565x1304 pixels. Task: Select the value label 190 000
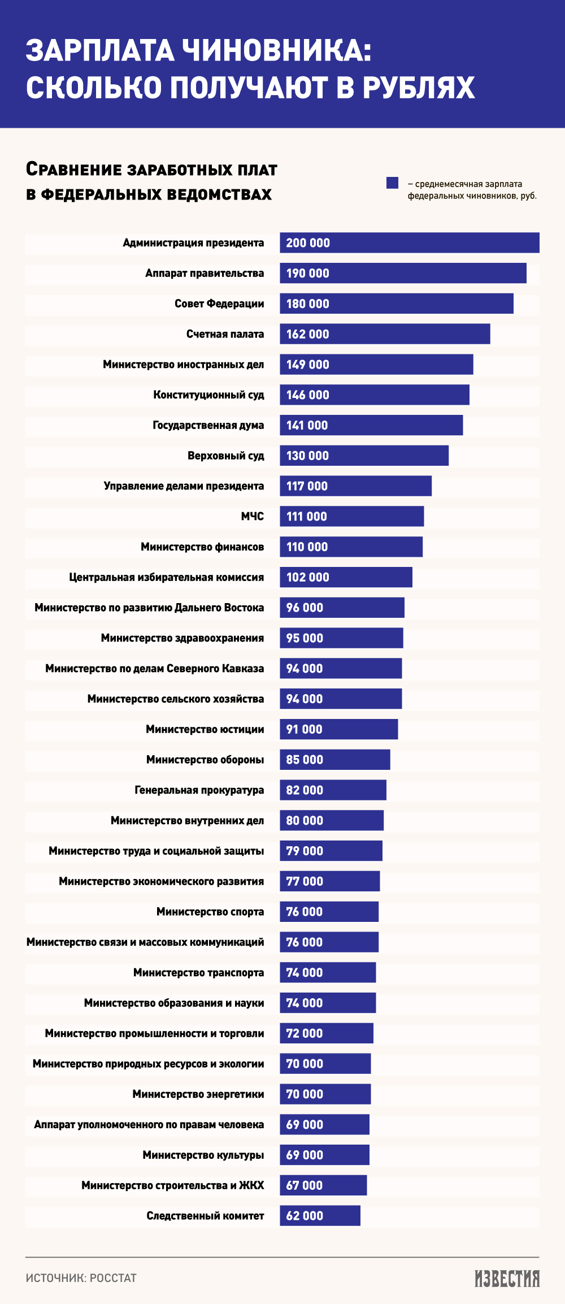pos(307,274)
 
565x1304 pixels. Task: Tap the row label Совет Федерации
pos(219,304)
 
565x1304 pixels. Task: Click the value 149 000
pos(307,365)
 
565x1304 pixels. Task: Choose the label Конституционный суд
pos(208,395)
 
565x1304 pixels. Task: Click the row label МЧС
pos(252,517)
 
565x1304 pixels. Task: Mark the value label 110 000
pos(307,547)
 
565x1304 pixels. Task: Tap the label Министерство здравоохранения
pos(182,638)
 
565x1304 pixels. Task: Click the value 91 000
pos(304,729)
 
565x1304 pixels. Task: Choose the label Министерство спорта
pos(210,912)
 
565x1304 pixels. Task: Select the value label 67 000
pos(304,1185)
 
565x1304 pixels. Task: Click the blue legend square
pos(392,183)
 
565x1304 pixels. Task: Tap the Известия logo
pos(507,1279)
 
